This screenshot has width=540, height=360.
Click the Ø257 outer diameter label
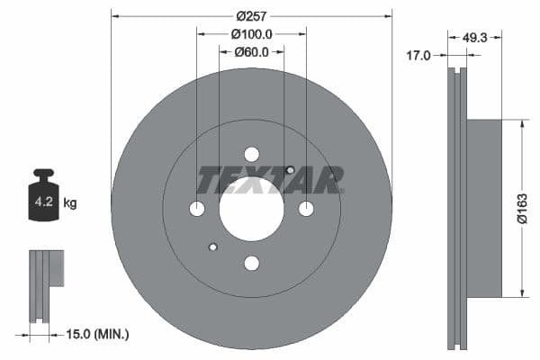252,15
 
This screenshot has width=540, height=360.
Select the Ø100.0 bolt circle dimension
252,33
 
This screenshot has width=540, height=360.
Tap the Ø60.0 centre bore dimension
252,51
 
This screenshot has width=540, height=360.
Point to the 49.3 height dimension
474,38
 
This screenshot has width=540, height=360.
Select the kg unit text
70,203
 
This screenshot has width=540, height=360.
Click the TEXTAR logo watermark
270,180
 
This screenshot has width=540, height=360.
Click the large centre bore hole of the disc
251,208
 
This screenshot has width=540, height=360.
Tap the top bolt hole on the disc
251,154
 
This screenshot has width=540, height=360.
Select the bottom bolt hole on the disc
251,263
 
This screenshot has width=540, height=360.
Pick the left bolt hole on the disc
197,209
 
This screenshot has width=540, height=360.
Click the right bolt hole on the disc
306,209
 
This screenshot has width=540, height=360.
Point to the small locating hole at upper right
290,170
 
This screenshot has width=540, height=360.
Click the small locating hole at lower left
213,247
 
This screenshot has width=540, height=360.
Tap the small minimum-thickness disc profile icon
45,284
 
